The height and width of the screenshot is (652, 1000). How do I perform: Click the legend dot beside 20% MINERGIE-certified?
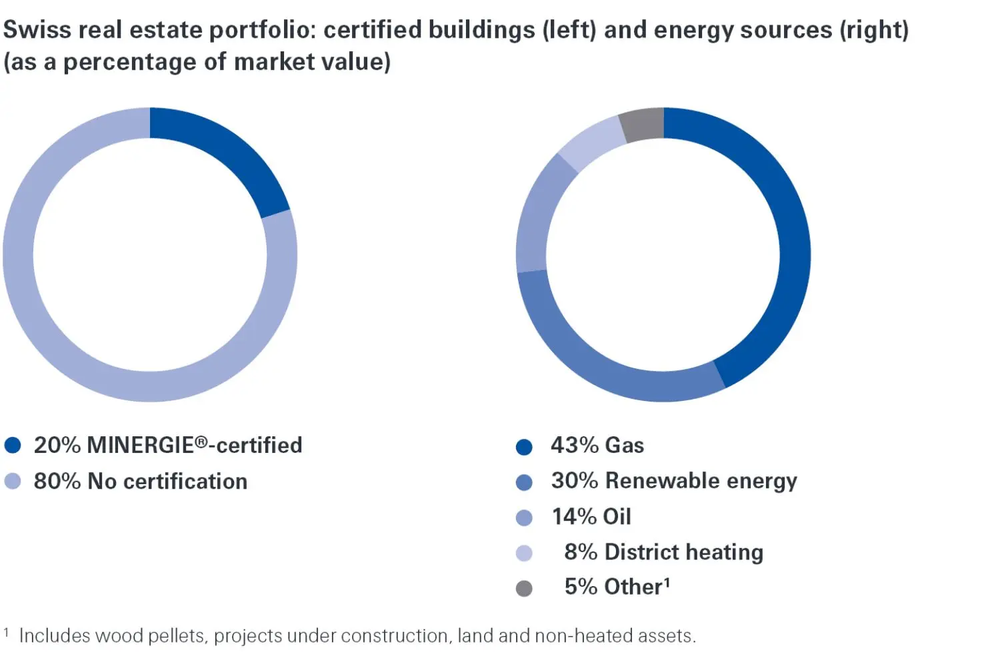click(13, 446)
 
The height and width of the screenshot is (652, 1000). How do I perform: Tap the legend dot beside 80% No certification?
click(13, 482)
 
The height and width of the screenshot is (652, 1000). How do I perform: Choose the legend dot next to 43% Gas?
click(524, 447)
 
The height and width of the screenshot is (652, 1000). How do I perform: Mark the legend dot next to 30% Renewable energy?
click(524, 482)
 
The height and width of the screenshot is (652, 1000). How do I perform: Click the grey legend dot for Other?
click(524, 588)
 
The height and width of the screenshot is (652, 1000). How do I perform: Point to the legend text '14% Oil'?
click(591, 517)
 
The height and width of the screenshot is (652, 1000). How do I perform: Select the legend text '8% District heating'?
click(663, 552)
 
